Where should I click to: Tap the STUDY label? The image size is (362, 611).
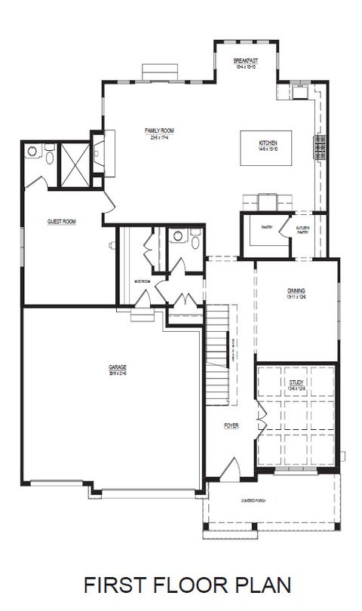click(296, 383)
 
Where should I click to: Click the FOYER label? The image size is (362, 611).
click(231, 426)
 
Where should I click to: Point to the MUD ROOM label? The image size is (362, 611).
click(143, 281)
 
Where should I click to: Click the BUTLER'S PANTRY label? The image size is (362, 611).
click(302, 230)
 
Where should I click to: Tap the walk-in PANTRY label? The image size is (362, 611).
click(266, 226)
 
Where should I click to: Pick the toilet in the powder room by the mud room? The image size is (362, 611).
click(194, 241)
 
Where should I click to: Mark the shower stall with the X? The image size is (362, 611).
click(75, 158)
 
